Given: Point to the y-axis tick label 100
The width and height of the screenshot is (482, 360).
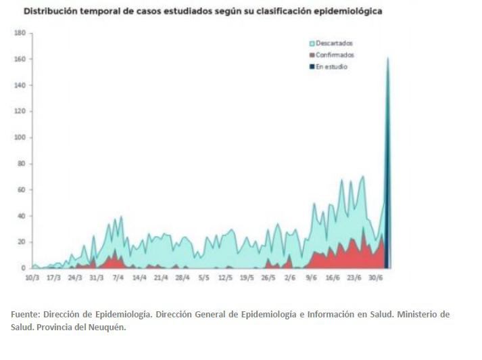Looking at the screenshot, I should tap(19, 137).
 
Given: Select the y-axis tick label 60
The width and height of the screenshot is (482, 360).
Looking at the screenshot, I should tap(20, 189).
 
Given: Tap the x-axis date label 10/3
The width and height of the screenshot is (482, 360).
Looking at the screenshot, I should tap(32, 277).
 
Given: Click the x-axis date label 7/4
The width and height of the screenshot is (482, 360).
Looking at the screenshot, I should tap(118, 277).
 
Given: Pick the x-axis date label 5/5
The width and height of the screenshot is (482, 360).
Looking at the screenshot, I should tap(203, 277).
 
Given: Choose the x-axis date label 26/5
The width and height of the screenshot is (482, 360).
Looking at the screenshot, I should tap(268, 277).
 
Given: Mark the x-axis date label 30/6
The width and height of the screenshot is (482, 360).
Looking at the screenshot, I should tap(375, 277).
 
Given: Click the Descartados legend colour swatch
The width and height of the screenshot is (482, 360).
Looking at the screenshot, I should tap(312, 43).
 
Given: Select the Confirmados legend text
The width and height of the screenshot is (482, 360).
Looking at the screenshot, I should tap(335, 55).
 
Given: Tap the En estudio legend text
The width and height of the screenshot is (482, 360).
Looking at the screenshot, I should tap(331, 66).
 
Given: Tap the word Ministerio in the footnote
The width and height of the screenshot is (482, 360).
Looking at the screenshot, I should tap(408, 315).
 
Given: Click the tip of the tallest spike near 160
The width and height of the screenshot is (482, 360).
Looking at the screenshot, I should tap(388, 58).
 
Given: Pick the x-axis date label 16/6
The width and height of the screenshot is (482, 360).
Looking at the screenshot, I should tap(333, 277).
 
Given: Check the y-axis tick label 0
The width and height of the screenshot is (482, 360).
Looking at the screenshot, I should tap(23, 268).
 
